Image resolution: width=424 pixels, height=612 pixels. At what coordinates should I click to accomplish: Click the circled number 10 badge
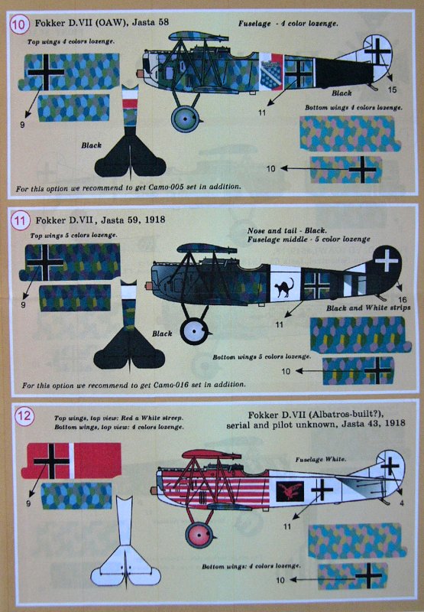click(18, 24)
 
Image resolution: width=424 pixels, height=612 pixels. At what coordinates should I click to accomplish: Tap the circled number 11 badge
click(20, 221)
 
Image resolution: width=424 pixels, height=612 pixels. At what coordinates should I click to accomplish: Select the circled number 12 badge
click(23, 415)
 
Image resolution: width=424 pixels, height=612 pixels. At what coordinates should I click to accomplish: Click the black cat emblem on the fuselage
click(284, 288)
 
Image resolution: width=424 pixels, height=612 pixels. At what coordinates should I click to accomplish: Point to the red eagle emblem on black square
click(290, 491)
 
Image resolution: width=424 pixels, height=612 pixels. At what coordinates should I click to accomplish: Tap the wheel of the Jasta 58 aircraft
click(186, 118)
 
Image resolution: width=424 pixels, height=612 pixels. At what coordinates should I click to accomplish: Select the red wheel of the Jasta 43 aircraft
click(199, 535)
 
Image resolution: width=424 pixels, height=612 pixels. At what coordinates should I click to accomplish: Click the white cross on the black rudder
click(387, 259)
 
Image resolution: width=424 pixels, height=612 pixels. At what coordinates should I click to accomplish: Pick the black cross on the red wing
click(51, 461)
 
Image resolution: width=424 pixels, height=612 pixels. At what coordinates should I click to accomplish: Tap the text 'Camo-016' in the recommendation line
click(170, 385)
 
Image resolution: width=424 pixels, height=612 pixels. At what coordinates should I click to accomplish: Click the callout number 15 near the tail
click(392, 90)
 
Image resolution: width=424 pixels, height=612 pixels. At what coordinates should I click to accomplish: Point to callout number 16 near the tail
click(402, 299)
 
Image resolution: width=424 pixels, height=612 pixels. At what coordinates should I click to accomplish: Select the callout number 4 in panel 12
click(402, 503)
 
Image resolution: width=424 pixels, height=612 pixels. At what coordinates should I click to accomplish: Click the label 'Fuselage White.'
click(320, 460)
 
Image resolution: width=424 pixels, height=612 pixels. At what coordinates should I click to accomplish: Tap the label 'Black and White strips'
click(368, 308)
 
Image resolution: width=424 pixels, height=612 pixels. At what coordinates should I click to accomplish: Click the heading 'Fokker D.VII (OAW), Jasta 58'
click(102, 22)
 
